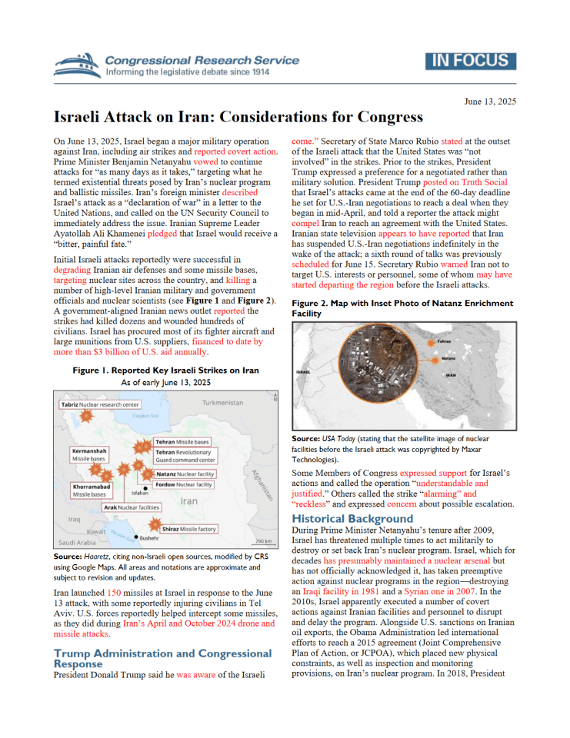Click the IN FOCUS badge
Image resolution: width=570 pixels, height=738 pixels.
pos(470,61)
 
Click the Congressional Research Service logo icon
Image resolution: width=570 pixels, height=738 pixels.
pos(77,65)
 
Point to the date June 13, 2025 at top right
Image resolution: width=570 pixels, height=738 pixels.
pos(490,101)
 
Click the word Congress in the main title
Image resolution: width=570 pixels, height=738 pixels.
pos(386,118)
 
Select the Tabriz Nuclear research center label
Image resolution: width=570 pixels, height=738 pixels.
pos(100,404)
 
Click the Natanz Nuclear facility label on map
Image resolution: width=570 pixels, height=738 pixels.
pos(184,474)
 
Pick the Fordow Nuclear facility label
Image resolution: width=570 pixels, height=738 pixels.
pos(184,485)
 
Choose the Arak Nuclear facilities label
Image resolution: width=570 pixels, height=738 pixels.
pos(132,508)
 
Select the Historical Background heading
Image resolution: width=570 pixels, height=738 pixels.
pos(352,519)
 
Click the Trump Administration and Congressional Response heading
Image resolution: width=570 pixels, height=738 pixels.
pos(162,659)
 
